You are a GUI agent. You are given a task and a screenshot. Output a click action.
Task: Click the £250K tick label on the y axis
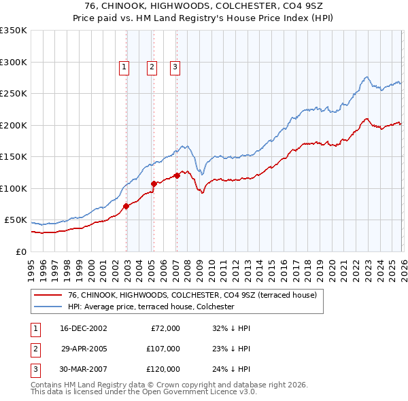(14, 94)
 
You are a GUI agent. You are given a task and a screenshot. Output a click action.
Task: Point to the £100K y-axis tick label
(14, 188)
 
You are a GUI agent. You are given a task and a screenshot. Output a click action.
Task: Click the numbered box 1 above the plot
(124, 67)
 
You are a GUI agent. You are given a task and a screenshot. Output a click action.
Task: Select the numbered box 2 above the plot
(151, 67)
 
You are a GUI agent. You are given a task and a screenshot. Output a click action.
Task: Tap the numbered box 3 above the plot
(175, 67)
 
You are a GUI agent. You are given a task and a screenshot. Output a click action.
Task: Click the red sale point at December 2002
(126, 206)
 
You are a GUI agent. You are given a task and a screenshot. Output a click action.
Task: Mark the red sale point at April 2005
(154, 184)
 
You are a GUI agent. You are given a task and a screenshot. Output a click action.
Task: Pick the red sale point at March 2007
(177, 175)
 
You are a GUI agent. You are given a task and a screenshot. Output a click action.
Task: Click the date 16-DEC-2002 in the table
(84, 328)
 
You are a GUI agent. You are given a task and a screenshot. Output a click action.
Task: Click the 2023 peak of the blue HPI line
(367, 77)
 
